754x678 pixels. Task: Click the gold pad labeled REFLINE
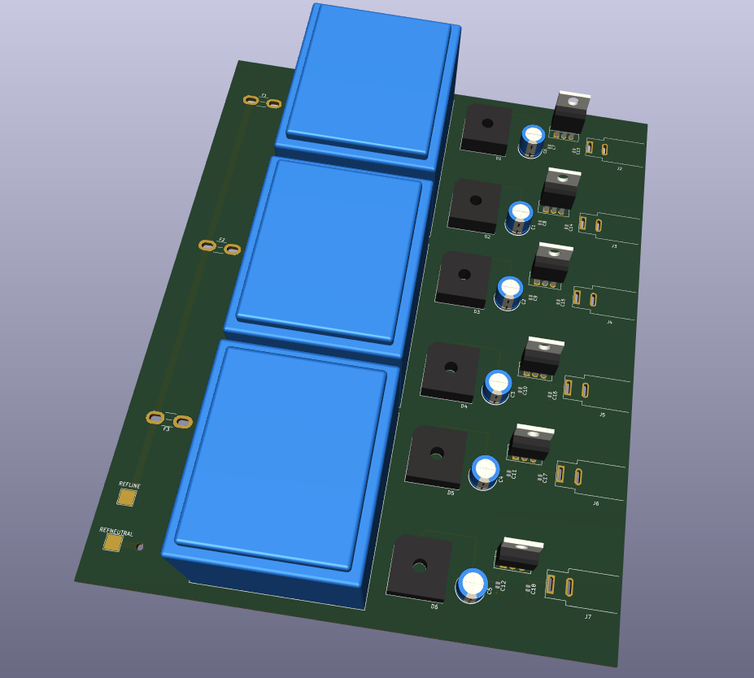point(127,497)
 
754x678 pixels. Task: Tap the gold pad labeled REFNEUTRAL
point(113,542)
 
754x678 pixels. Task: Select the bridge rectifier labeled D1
point(486,128)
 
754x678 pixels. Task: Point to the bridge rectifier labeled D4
point(450,370)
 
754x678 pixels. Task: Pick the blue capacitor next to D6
point(473,585)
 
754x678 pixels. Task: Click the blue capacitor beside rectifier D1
point(533,140)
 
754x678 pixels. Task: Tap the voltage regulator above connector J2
point(570,112)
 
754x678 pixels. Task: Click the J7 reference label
point(587,617)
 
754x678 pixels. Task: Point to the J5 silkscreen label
point(602,415)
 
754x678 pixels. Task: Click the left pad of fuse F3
point(155,417)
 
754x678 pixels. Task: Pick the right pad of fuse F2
point(233,249)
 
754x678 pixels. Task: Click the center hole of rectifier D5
point(437,453)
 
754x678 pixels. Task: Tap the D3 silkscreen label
point(477,311)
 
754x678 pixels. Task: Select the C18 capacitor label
point(534,589)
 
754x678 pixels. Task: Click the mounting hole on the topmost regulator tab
point(573,102)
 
